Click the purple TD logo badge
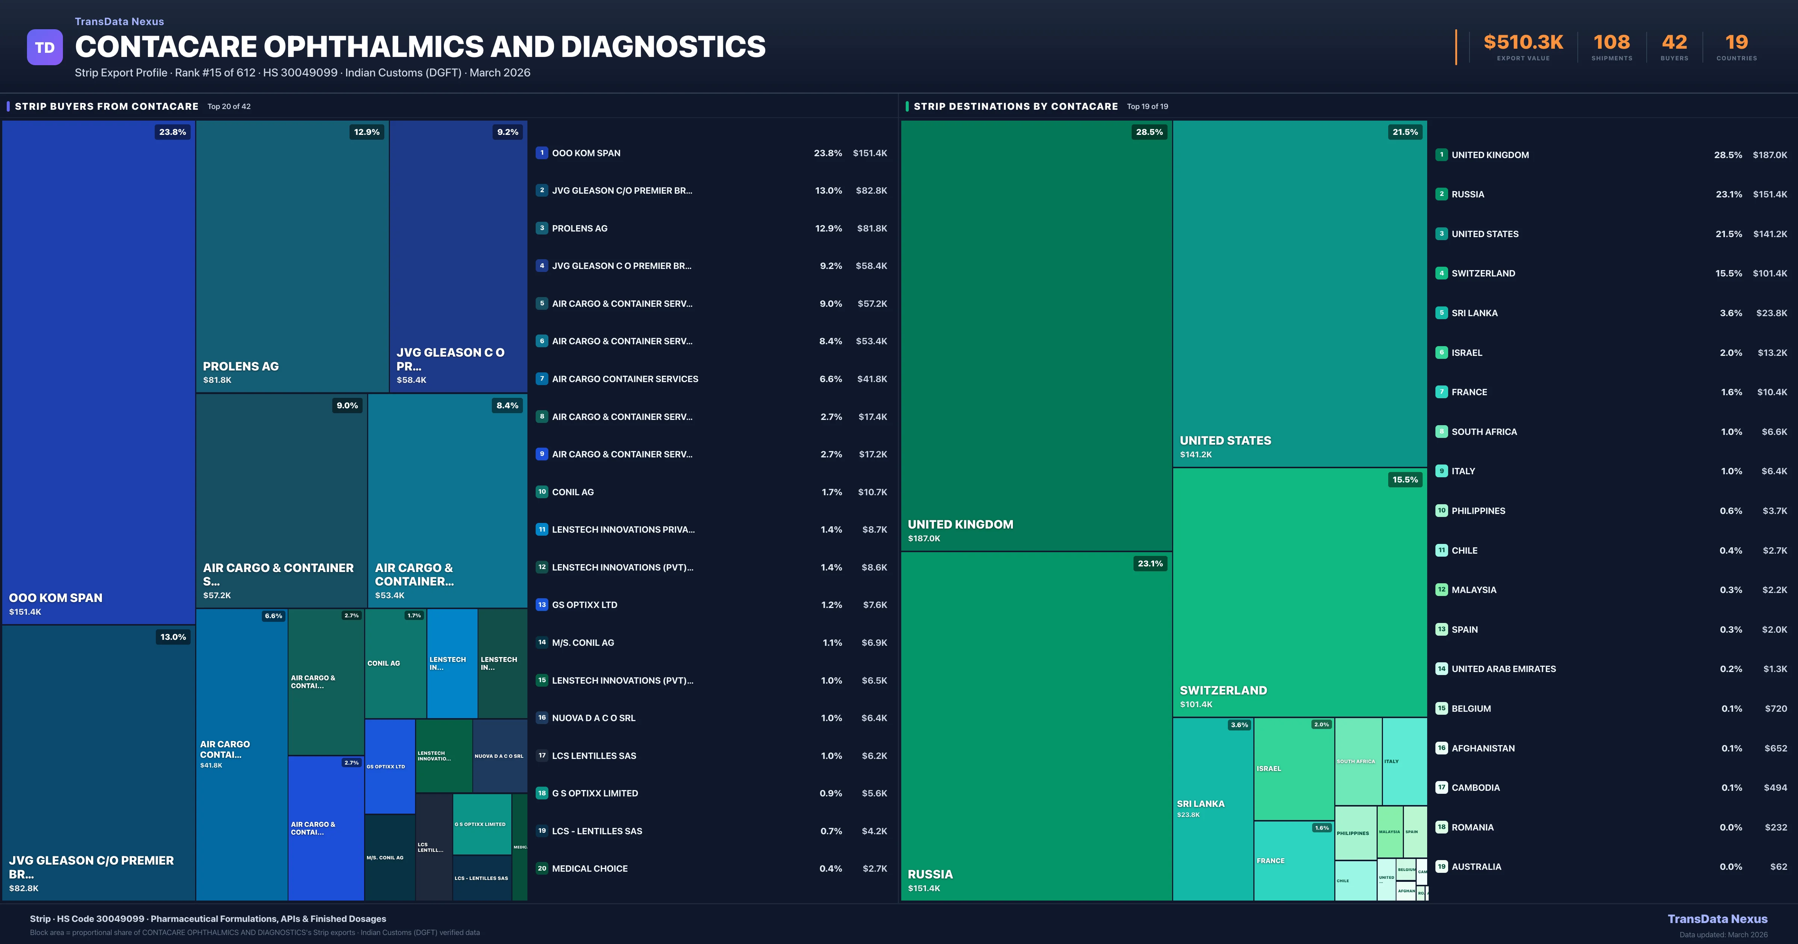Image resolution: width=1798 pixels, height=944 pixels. click(45, 48)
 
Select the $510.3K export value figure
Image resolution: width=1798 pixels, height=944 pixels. click(1523, 43)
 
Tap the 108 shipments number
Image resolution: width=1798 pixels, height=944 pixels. click(1611, 43)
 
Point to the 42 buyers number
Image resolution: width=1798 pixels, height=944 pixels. click(1674, 43)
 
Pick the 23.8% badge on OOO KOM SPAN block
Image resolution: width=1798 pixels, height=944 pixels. click(172, 132)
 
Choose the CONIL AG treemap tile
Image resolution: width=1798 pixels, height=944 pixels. click(395, 663)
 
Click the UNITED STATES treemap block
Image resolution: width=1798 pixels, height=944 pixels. click(1300, 293)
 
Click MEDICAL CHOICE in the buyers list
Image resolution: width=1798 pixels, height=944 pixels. click(590, 869)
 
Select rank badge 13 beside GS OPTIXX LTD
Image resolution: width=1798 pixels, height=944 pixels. click(542, 605)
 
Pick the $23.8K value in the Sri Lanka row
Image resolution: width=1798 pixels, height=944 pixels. click(1771, 313)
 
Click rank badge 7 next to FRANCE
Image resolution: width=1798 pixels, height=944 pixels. click(1441, 392)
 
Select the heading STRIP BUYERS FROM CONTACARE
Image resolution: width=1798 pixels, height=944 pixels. click(106, 106)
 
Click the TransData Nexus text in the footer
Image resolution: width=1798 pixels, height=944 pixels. click(1717, 919)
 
